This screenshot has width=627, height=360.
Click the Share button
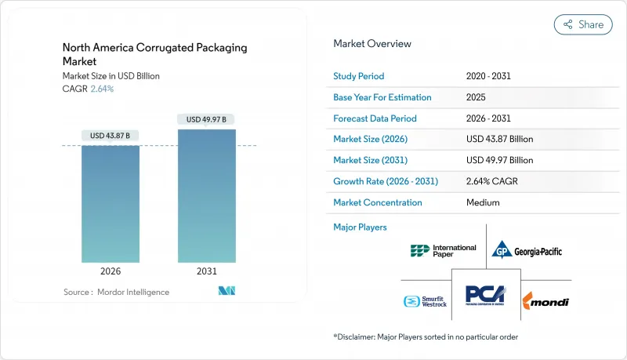pyautogui.click(x=583, y=24)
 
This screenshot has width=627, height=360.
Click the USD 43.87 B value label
pyautogui.click(x=111, y=136)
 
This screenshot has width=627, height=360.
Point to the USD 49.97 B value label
pyautogui.click(x=207, y=119)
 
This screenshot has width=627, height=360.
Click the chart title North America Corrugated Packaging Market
pyautogui.click(x=154, y=54)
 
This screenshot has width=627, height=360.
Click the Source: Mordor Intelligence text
pyautogui.click(x=116, y=292)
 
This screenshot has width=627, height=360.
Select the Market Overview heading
pyautogui.click(x=372, y=43)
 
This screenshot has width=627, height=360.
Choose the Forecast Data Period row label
pyautogui.click(x=375, y=118)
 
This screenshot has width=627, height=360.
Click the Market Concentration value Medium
pyautogui.click(x=484, y=202)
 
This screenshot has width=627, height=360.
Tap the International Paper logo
pyautogui.click(x=443, y=251)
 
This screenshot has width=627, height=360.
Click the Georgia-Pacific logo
pyautogui.click(x=527, y=251)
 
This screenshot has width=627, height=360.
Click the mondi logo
pyautogui.click(x=546, y=301)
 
